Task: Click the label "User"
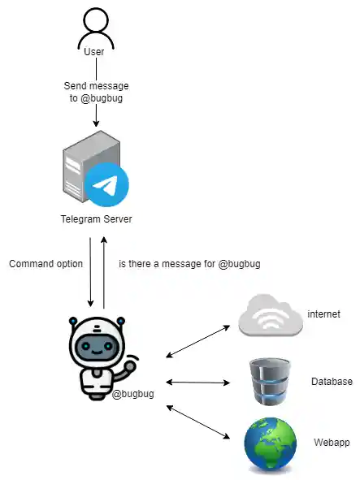point(95,53)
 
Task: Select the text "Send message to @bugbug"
point(96,91)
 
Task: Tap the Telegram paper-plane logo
point(106,185)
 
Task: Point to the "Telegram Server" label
point(96,219)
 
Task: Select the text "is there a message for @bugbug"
point(189,264)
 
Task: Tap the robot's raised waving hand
point(131,365)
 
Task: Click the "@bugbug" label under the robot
point(132,394)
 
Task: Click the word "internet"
point(323,314)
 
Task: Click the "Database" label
point(332,381)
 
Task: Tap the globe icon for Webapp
point(271,445)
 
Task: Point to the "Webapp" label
point(331,443)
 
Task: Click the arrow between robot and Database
point(198,381)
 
